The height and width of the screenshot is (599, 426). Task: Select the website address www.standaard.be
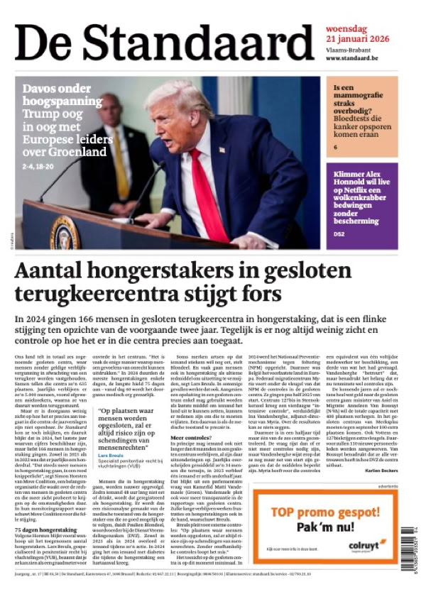357,58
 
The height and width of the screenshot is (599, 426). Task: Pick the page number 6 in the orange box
336,147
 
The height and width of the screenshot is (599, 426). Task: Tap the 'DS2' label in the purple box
339,233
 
